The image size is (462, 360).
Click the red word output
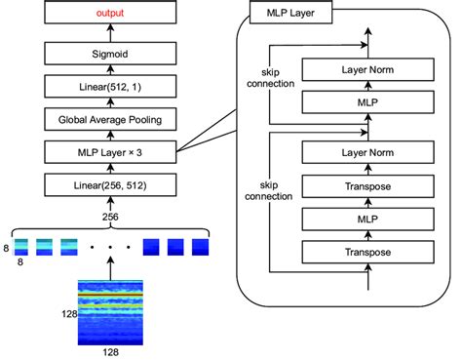click(110, 13)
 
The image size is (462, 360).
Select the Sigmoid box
click(110, 54)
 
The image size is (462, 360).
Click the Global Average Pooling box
click(110, 119)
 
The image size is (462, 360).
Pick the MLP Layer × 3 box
click(110, 152)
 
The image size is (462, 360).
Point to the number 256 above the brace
click(110, 217)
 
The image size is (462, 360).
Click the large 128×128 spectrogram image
click(110, 312)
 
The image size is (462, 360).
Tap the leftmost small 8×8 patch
click(20, 247)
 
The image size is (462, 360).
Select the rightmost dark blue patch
click(200, 247)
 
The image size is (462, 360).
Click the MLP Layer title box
click(290, 13)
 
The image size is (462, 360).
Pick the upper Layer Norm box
click(368, 69)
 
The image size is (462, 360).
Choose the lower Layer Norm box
click(368, 152)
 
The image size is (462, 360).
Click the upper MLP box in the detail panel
click(368, 102)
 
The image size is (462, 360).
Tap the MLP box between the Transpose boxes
click(368, 220)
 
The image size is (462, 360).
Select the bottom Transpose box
click(368, 252)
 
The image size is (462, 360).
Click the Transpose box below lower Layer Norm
click(368, 186)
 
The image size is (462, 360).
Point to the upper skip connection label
click(271, 78)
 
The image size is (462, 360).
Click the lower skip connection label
click(269, 191)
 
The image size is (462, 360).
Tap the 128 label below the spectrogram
click(111, 352)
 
